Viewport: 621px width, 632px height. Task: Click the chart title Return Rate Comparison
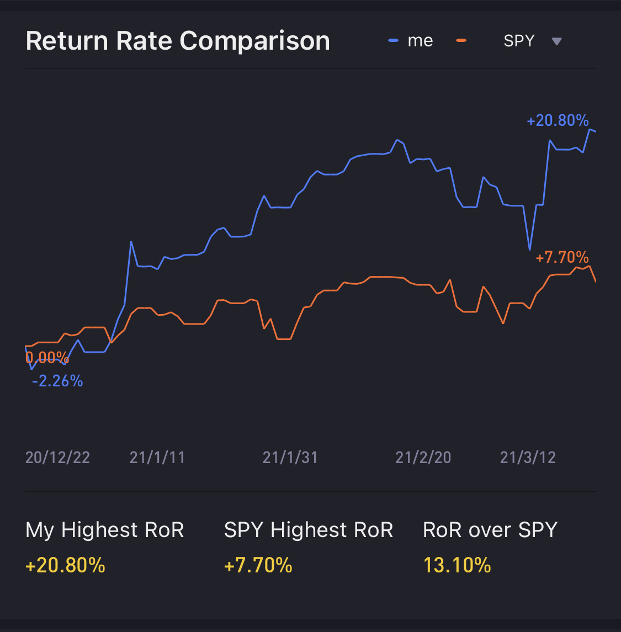[178, 41]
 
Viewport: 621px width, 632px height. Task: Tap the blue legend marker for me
[393, 41]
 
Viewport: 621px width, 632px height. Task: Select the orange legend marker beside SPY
[461, 40]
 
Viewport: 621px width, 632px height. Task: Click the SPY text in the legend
[519, 41]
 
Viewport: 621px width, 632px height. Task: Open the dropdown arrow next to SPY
[556, 41]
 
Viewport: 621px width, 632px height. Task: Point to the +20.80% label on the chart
[558, 120]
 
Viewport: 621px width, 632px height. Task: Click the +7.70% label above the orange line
[562, 257]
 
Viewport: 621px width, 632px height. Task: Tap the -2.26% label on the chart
[57, 381]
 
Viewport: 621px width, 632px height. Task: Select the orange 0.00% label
[47, 357]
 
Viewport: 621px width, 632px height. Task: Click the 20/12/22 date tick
[57, 458]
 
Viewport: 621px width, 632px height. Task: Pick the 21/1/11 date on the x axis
[157, 458]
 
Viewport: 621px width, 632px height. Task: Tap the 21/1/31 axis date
[290, 458]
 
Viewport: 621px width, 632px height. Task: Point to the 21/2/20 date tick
[423, 458]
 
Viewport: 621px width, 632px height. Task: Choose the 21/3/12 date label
[528, 458]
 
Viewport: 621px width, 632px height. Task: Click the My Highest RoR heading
[105, 530]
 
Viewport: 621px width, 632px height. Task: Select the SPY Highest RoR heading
[309, 530]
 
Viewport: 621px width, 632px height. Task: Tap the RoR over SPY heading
[490, 530]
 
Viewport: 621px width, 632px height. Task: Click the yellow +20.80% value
[65, 565]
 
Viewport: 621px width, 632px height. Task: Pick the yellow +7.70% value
[258, 565]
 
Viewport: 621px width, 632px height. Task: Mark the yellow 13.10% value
[457, 565]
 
